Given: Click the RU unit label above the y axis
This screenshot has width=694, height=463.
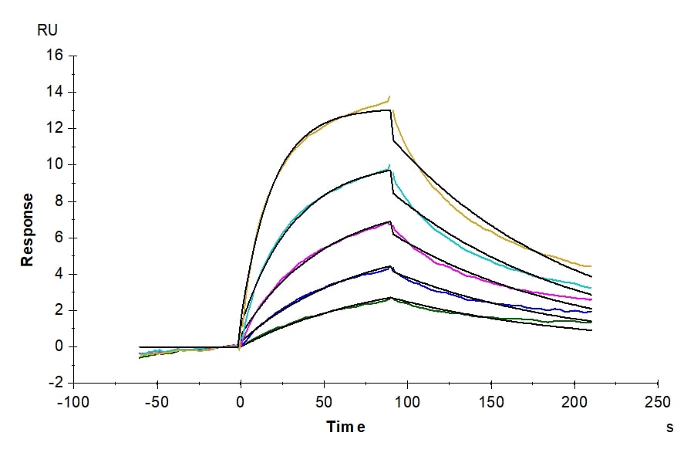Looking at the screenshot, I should coord(47,31).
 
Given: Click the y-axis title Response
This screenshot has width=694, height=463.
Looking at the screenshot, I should coord(28,230).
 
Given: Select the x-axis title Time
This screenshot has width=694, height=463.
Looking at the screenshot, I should coord(345,427).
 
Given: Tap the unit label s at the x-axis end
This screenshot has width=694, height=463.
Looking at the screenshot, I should coord(669,427).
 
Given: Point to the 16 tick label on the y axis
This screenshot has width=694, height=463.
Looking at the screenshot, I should coord(56,56).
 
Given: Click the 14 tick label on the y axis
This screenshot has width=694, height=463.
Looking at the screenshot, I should coord(56,93).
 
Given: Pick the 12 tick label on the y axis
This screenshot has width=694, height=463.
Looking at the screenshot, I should coord(56,129).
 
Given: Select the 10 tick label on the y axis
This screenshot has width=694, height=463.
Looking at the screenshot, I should coord(56,165).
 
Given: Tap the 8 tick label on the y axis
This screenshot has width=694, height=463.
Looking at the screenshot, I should coord(59,202).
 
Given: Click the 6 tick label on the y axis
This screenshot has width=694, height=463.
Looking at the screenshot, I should coord(59,238).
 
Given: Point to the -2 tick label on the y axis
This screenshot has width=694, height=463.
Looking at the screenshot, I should coord(57,384).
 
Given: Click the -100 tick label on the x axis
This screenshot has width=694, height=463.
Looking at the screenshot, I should coord(74,403).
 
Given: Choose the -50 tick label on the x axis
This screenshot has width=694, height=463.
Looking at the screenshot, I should coord(157,403).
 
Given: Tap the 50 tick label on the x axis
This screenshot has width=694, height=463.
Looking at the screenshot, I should coord(324,403).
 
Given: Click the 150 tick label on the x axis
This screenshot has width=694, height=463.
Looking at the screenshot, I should coord(491,403).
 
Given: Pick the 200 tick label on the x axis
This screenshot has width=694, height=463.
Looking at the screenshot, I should coord(574,403).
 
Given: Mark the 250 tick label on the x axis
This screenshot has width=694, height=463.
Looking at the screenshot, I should coord(658,403).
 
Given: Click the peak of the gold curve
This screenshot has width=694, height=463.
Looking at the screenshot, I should coord(389,96).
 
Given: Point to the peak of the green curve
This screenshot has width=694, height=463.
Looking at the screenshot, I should coord(390,297).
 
